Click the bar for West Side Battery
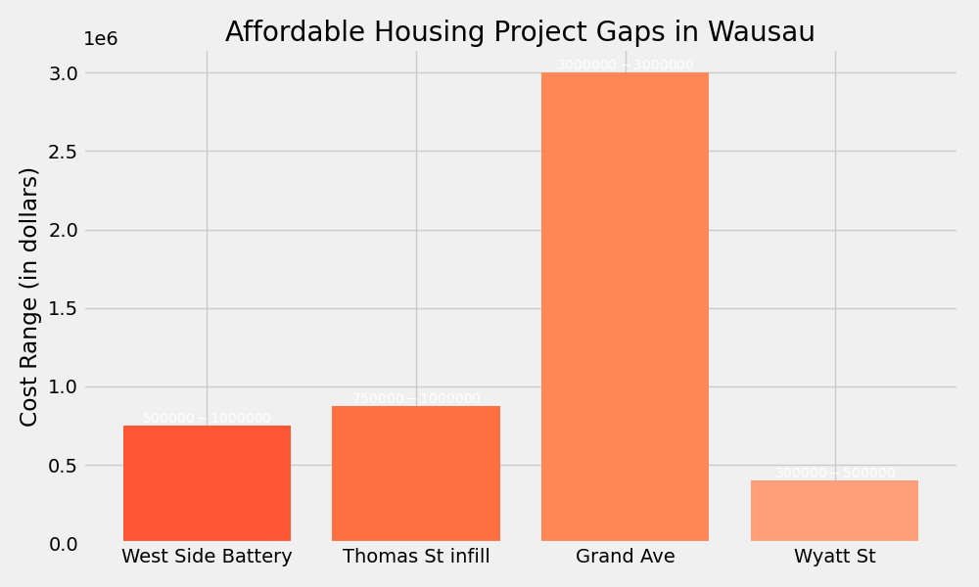tap(207, 483)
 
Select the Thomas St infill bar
tap(416, 474)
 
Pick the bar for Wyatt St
tap(834, 511)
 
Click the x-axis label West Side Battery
tap(207, 557)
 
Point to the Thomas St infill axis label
tap(416, 557)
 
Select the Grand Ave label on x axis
tap(625, 557)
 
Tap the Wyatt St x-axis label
tap(834, 557)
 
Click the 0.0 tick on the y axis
tap(63, 544)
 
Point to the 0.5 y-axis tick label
tap(63, 466)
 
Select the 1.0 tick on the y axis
tap(63, 387)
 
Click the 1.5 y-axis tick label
tap(63, 309)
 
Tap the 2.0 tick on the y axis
tap(63, 231)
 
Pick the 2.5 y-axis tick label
tap(63, 152)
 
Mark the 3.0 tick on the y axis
tap(63, 73)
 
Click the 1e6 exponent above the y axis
tap(100, 39)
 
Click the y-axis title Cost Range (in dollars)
tap(29, 296)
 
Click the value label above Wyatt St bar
tap(834, 474)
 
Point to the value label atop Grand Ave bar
tap(625, 66)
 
